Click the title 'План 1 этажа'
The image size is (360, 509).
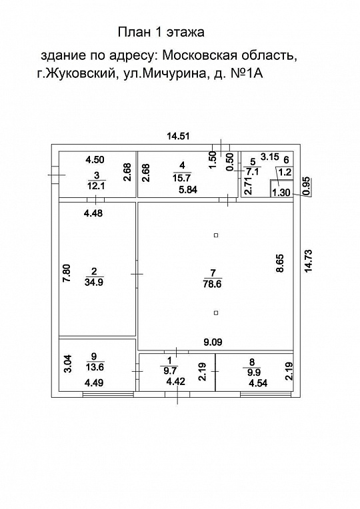click(161, 31)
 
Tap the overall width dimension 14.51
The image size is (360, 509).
click(178, 136)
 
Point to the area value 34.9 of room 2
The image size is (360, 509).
click(93, 282)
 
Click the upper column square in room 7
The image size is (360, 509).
click(215, 235)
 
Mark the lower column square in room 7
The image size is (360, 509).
click(215, 312)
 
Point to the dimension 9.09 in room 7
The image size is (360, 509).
click(213, 342)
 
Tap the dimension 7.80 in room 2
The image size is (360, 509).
click(65, 274)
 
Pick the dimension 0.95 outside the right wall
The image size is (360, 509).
click(306, 186)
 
